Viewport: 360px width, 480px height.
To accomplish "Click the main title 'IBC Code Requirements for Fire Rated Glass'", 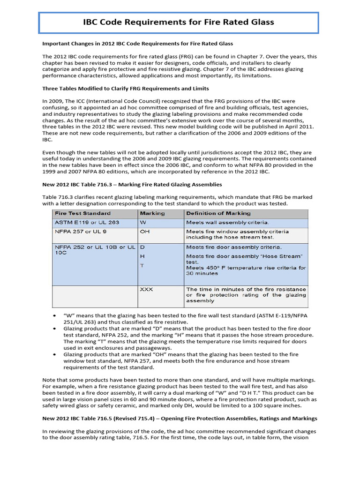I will [x=178, y=22].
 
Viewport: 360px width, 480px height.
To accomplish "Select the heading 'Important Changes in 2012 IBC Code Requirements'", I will [x=137, y=44].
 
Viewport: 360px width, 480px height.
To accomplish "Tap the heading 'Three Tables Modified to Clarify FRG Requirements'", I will [x=126, y=88].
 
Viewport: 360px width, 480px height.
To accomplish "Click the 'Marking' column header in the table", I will [x=152, y=213].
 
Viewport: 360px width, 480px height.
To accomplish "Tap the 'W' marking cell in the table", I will [x=142, y=222].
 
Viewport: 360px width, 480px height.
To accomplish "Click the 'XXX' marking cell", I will [x=147, y=289].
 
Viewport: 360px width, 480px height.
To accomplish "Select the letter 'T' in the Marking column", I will [x=142, y=265].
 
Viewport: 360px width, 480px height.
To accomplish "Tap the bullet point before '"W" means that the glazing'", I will [x=55, y=316].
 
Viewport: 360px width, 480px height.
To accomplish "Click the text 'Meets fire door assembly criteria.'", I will [x=234, y=247].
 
